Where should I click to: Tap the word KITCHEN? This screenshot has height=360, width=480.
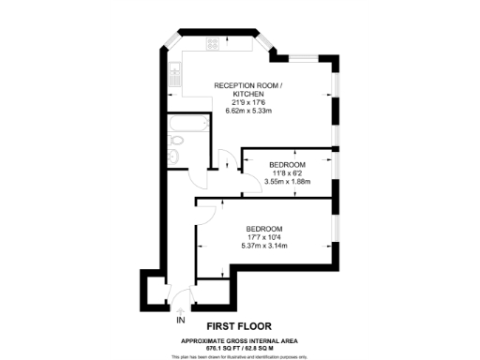pos(248,95)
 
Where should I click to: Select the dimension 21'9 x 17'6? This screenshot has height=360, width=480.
pos(248,102)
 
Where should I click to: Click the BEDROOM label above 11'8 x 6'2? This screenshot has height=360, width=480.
pos(287,164)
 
